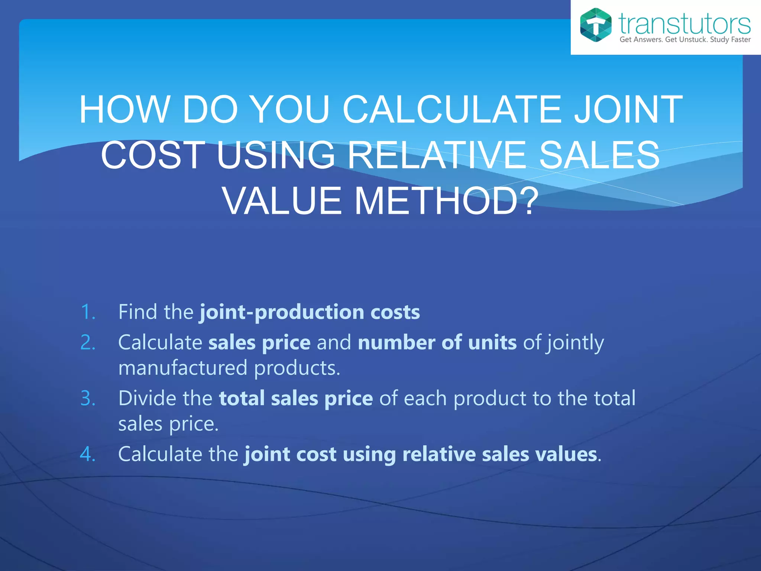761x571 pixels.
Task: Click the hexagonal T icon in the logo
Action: tap(596, 25)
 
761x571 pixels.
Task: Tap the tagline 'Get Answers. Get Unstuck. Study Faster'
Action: tap(685, 40)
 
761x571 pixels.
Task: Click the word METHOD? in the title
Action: tap(446, 201)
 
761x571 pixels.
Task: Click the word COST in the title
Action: tap(153, 155)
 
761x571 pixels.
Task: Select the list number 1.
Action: tap(88, 312)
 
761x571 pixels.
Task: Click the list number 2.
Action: tap(88, 342)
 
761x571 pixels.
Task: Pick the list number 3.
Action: tap(88, 399)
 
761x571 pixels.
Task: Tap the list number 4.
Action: tap(88, 454)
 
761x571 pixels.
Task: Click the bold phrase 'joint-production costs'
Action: tap(310, 312)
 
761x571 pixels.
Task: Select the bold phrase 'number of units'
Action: tap(437, 342)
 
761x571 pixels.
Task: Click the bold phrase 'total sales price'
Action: tap(296, 399)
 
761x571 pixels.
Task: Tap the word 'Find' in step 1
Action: tap(137, 312)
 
